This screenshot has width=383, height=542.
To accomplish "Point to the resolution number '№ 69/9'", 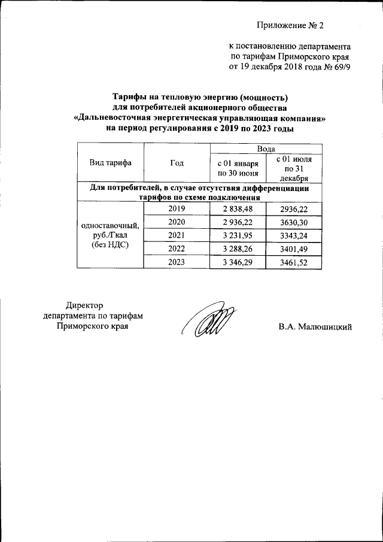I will coord(337,66).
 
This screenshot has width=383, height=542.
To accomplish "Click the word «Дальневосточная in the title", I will coord(114,118).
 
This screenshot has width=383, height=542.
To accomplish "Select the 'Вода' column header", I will coord(266,148).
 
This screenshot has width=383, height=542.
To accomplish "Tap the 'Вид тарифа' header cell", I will coord(111,162).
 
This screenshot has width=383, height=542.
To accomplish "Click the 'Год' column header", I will coord(177,162).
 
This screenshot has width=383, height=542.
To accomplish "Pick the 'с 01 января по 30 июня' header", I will coord(238,168).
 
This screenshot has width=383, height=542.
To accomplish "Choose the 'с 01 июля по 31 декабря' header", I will coord(293,168).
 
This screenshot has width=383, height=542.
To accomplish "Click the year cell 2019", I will coord(177,208).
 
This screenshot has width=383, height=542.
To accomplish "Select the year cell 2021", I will coord(177,235).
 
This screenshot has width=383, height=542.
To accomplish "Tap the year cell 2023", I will coord(177,262).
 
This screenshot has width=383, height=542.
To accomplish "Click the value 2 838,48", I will coord(238,208).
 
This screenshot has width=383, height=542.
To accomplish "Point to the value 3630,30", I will coord(293,222).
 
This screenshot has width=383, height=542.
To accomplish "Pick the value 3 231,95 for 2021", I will coord(238,235).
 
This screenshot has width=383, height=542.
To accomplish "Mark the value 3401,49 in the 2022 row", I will coord(293,249).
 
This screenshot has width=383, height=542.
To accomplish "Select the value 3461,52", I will coord(293,262).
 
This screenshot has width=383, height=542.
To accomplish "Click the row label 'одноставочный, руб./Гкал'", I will coord(111,231).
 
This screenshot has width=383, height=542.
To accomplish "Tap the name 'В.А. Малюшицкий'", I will coord(314,327).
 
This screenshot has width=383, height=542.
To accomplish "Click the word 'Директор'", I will coord(84,305).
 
